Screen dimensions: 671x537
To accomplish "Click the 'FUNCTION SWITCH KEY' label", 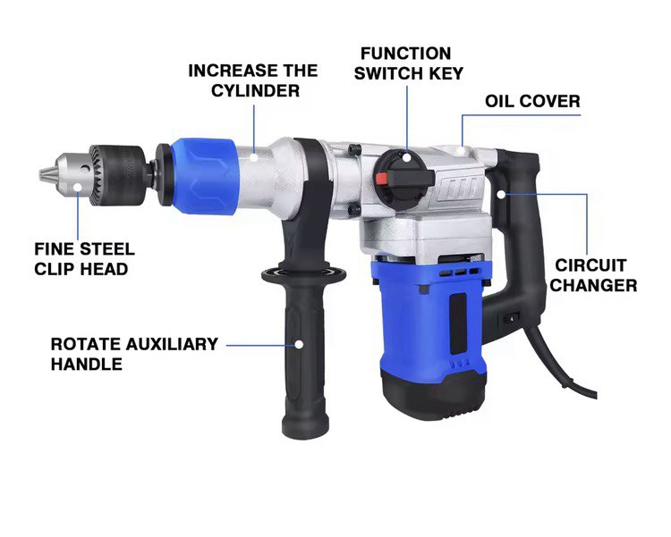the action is point(408,63).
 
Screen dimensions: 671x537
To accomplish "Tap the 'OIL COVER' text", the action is point(532,101).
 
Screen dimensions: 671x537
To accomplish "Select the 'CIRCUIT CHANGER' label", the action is point(593,275).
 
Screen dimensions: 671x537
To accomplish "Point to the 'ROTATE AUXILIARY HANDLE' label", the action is point(134,354).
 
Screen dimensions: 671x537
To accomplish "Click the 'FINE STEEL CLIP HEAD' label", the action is point(84,258).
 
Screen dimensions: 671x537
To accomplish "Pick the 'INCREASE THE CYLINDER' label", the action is point(253,80).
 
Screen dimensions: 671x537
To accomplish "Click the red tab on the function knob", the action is point(383,178).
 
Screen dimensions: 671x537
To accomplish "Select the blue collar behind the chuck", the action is point(204,175).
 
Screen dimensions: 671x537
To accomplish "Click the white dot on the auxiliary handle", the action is point(299,344).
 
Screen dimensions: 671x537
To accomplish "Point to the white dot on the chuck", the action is point(78,187).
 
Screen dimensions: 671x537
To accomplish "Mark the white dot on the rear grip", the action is point(501,194).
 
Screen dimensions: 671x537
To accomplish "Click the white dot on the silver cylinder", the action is point(254,157).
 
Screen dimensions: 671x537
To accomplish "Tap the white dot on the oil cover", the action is point(461,150).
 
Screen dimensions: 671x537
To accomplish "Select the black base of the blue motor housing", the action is point(433,393).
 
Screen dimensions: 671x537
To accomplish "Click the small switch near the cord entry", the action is point(511,318).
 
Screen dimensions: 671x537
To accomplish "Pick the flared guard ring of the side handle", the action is point(304,273).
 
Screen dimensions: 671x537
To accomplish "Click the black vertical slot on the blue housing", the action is point(458,323).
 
